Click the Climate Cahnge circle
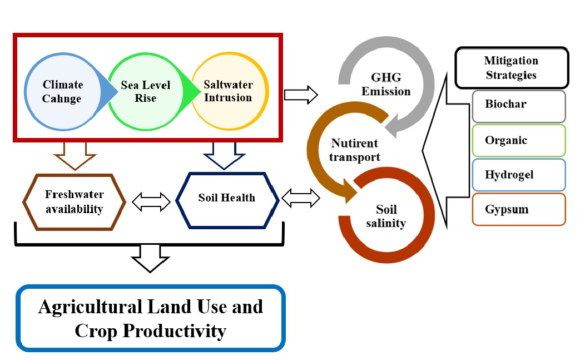63,92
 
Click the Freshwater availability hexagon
74,202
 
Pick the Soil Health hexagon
227,198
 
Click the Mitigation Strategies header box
511,68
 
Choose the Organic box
518,140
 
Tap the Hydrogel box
518,175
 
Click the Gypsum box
518,209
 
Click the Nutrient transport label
355,150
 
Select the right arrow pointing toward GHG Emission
301,95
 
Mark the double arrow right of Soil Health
301,198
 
